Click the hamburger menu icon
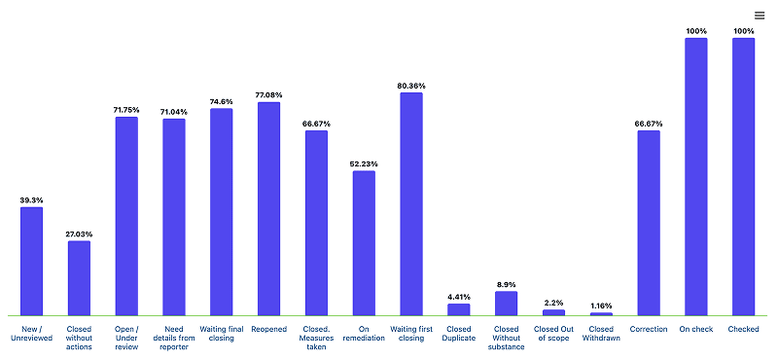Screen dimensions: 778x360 click(x=760, y=16)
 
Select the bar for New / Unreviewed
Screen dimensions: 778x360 click(x=32, y=261)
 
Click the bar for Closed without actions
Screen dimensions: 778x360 click(x=80, y=278)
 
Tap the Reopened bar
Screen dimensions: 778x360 click(x=269, y=208)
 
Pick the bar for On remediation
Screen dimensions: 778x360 click(x=364, y=243)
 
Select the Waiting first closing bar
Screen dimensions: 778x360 click(x=411, y=204)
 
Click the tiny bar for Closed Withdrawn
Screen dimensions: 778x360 click(x=601, y=314)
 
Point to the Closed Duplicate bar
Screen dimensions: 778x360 click(x=459, y=309)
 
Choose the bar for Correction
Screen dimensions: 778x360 click(x=649, y=223)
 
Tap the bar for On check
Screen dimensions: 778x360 click(x=696, y=177)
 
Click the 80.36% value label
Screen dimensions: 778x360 click(x=411, y=86)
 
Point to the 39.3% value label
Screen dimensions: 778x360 click(x=32, y=200)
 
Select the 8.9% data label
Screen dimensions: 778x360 click(x=507, y=284)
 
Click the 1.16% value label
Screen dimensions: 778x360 click(x=601, y=306)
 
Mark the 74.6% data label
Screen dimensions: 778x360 click(x=222, y=102)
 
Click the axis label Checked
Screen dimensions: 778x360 click(x=744, y=329)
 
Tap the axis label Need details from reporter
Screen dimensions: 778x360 click(x=174, y=338)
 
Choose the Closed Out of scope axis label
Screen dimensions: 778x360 click(x=553, y=333)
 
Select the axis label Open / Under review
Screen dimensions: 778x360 click(x=126, y=338)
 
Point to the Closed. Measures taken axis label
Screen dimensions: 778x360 click(x=317, y=338)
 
